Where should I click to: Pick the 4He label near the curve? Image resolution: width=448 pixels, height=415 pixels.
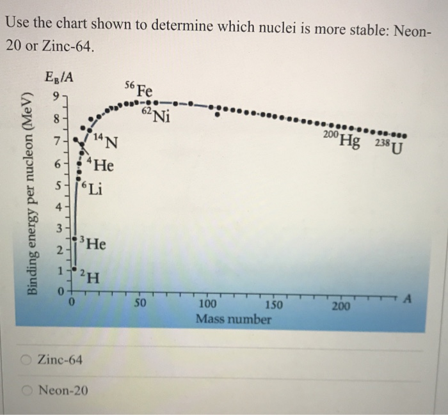tap(100, 166)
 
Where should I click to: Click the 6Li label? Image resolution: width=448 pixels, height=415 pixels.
tap(90, 189)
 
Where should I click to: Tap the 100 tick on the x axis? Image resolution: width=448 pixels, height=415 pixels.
tap(208, 304)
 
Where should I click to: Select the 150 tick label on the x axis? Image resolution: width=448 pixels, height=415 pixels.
tap(273, 305)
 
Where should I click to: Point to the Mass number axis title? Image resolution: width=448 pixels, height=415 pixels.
tap(234, 319)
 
